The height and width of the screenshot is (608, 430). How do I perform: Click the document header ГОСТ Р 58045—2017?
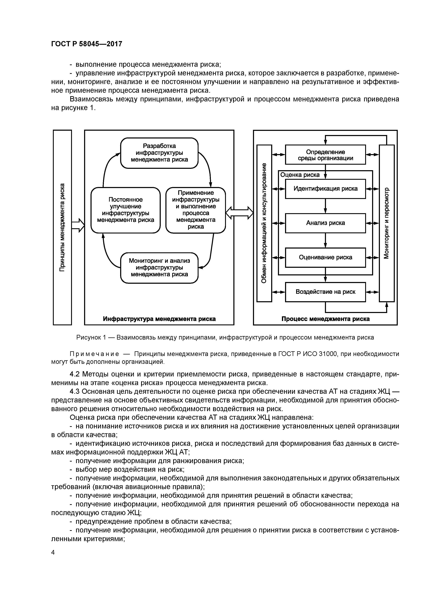87,44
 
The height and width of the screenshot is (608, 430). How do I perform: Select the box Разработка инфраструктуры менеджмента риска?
159,153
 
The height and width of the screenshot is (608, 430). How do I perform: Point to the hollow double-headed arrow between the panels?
239,213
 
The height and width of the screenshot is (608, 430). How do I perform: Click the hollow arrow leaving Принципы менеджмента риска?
78,225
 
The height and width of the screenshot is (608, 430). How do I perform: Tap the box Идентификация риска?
325,189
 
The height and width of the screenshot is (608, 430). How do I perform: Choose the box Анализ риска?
325,223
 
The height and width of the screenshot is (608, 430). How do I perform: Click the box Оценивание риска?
325,257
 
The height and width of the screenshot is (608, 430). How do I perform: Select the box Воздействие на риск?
325,292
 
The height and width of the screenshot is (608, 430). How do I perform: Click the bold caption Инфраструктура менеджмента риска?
159,319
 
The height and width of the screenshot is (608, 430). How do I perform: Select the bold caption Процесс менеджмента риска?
325,319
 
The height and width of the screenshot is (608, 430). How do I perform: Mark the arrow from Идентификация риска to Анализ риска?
325,206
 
